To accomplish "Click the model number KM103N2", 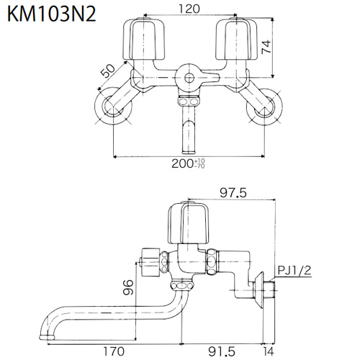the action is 52,14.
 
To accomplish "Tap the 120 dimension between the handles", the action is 189,9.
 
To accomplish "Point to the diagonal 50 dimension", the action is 108,71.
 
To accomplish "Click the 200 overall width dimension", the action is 188,163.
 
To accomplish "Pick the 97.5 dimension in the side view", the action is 233,193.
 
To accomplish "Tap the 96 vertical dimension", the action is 127,287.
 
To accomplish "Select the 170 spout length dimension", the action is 114,351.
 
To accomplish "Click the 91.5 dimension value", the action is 221,351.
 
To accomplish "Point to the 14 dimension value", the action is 269,351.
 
